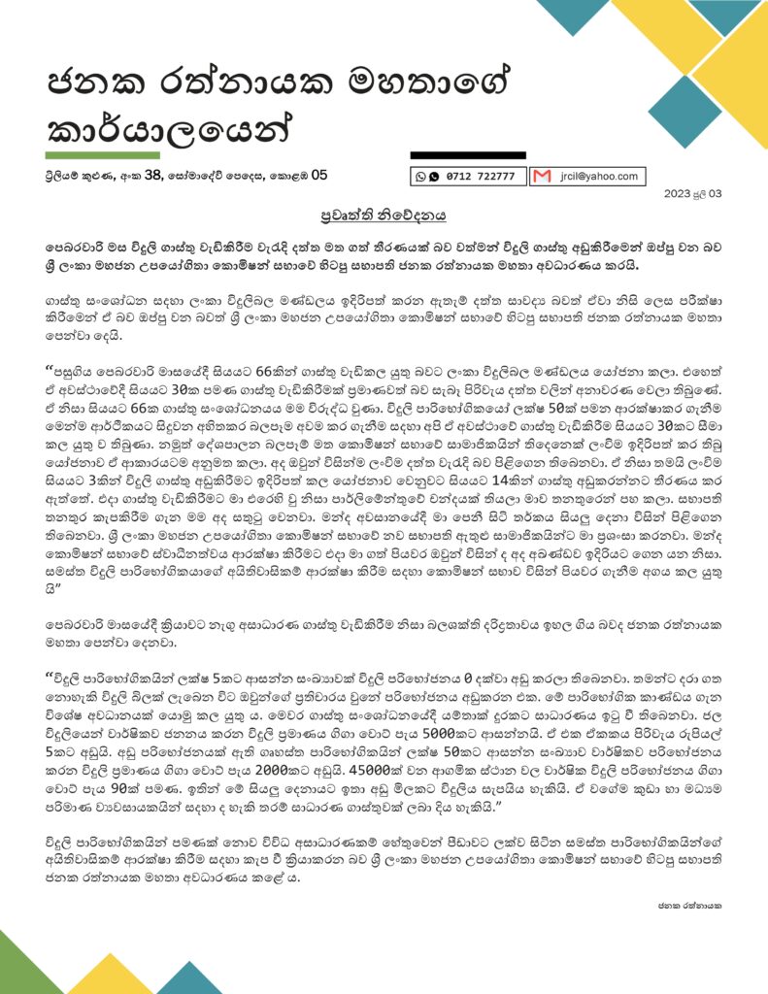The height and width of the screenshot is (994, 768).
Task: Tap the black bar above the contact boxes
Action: point(468,155)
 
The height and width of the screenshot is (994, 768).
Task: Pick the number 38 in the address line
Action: point(153,176)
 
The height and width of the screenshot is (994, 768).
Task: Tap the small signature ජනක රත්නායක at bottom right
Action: point(689,905)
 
